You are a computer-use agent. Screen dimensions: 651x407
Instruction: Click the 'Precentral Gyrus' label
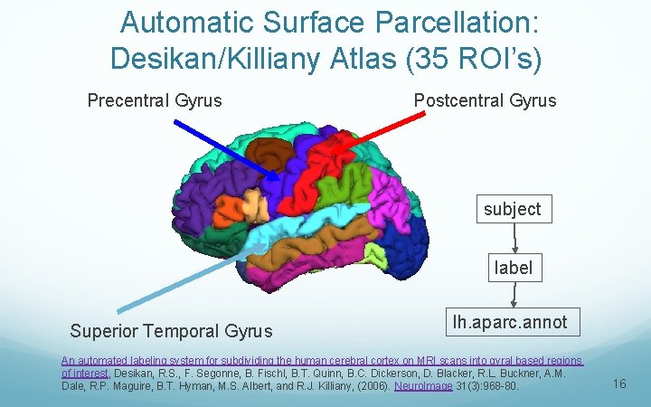click(155, 99)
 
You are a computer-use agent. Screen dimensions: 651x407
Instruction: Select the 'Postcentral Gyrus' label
click(485, 99)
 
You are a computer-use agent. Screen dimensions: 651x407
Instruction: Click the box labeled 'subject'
click(512, 209)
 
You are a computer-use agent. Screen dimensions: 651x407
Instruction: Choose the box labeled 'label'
click(513, 268)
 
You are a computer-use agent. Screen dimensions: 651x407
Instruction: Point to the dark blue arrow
click(226, 147)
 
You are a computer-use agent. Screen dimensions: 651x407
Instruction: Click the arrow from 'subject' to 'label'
click(514, 238)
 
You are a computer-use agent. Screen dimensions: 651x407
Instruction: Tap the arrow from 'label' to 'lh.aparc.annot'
click(514, 295)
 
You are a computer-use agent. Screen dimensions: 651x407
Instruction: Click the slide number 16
click(619, 384)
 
